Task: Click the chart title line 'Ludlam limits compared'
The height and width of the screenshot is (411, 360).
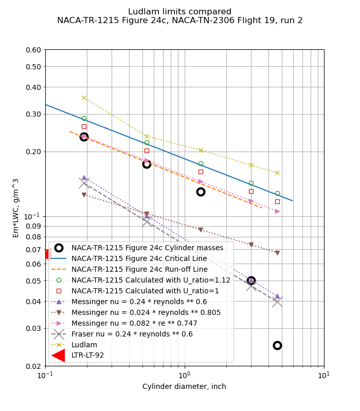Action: pos(179,12)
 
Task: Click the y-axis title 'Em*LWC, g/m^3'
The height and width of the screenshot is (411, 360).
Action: pos(16,208)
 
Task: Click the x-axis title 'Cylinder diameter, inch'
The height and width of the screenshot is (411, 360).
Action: pos(184,386)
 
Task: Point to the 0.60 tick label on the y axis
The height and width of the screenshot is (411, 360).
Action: pos(33,50)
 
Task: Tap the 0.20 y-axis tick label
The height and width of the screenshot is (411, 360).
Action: pos(33,152)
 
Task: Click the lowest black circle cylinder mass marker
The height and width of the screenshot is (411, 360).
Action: pos(277,345)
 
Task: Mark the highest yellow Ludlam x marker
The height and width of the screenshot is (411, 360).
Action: pos(84,98)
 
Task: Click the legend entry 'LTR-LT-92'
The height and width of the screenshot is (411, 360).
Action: pos(87,356)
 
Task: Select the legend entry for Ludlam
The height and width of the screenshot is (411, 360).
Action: pos(84,345)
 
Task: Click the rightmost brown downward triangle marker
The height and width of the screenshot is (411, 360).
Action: pos(277,253)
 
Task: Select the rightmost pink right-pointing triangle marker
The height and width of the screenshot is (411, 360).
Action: pos(277,211)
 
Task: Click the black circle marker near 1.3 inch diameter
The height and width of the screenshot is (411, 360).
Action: pos(201,192)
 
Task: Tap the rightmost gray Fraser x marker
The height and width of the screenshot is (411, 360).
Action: pos(277,302)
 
